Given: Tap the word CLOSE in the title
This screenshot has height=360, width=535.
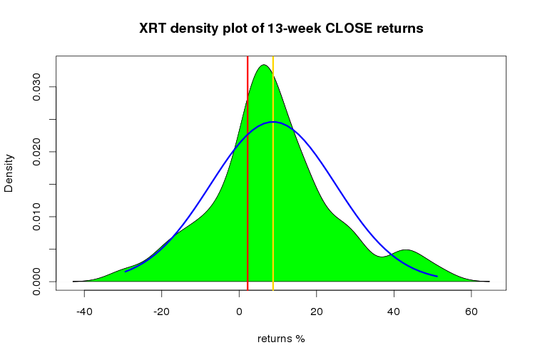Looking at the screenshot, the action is [349, 29].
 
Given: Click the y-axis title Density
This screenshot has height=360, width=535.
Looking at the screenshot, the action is [9, 173].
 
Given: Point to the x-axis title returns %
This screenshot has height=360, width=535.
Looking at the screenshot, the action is [281, 339].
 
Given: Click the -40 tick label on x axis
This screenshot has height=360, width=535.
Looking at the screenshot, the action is [84, 312].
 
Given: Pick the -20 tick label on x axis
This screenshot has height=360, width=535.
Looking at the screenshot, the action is [161, 312].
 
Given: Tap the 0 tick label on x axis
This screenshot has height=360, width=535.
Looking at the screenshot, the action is [239, 312].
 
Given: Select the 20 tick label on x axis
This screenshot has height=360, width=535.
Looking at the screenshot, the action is [317, 312].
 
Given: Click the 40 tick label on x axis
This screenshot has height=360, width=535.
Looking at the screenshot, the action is [394, 312].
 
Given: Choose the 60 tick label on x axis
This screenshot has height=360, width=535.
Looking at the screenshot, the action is [472, 312].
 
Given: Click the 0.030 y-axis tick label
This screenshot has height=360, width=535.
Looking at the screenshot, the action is [36, 87].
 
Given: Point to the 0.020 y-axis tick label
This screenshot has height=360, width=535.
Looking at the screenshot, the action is [36, 152].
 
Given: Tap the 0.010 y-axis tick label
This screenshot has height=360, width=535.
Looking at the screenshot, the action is [36, 217].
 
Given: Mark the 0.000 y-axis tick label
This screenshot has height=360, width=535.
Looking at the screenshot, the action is [36, 282].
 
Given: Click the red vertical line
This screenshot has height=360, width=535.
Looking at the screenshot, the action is [248, 173].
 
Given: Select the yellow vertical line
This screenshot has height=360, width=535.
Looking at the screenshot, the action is [273, 173].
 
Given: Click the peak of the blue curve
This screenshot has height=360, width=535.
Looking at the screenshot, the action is [273, 122].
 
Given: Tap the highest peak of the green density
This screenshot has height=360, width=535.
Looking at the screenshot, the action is [263, 65].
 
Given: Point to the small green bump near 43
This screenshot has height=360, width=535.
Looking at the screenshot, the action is [406, 250].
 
